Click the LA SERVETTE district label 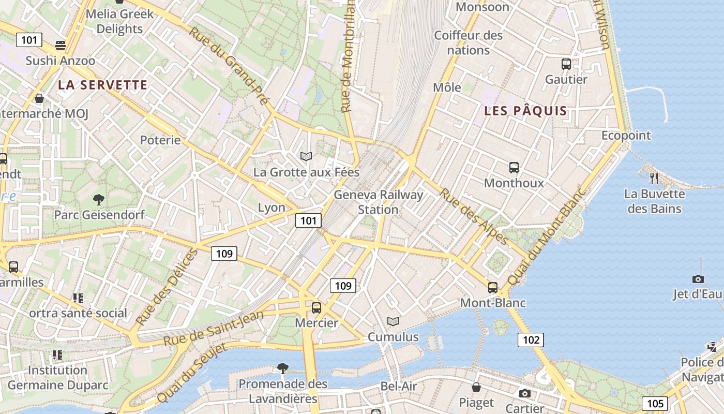coord(102,85)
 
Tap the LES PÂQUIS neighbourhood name coord(525,111)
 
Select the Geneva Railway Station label coord(379,202)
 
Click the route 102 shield coord(531,340)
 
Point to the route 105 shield coord(655,404)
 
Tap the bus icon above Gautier coord(566,64)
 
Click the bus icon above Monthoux coord(514,168)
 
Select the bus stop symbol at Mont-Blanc coord(493,288)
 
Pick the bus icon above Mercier coord(316,308)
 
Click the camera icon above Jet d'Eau coord(698,279)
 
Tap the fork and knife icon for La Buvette coord(654,179)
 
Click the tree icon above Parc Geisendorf coord(98,199)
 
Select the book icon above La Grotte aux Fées coord(306,156)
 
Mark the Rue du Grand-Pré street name coord(229,65)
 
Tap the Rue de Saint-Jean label coord(214,328)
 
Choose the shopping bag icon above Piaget coord(476,387)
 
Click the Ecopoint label coord(626,135)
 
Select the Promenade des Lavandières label coord(283,391)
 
